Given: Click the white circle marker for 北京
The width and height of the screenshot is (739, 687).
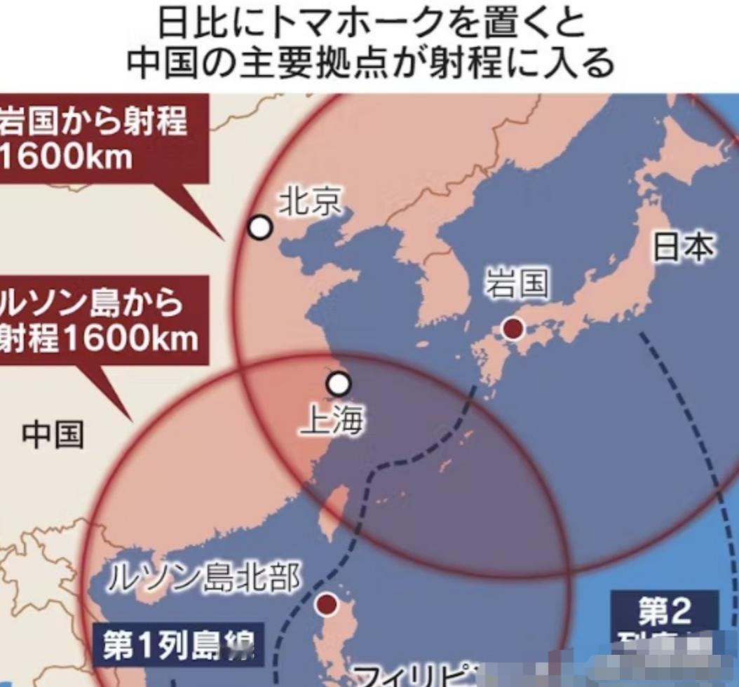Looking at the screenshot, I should (260, 227).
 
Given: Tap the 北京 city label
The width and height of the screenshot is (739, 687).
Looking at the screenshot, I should (311, 203).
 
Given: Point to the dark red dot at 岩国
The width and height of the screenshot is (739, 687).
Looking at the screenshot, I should (514, 328).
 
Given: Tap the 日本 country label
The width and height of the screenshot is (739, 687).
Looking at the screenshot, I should (684, 247).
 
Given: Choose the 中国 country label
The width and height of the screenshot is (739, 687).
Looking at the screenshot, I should (53, 435).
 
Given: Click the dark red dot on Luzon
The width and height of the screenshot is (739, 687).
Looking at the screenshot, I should (326, 604).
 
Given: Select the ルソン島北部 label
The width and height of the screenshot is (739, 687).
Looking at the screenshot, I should (204, 579).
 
